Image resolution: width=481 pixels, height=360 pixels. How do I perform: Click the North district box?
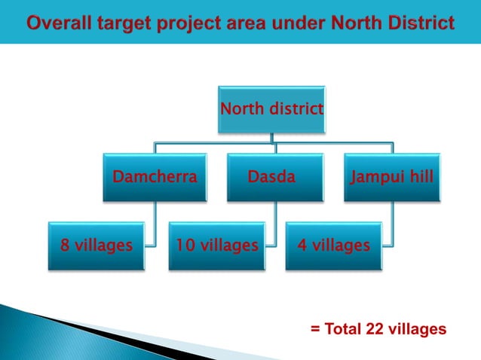click(x=271, y=110)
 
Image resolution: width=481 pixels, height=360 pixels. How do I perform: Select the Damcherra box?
click(x=155, y=178)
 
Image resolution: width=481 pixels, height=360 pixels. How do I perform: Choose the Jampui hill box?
click(x=391, y=178)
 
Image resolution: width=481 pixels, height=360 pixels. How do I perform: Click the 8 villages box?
click(x=96, y=246)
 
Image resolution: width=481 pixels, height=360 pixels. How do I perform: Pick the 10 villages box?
click(x=216, y=246)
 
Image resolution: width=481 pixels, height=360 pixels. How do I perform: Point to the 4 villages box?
click(x=333, y=246)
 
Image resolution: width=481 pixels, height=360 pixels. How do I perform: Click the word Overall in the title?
click(x=58, y=23)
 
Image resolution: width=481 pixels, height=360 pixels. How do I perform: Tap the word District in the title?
click(x=421, y=23)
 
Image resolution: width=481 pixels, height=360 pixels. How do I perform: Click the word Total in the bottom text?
click(x=342, y=329)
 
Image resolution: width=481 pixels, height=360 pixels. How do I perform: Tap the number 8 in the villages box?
click(x=65, y=246)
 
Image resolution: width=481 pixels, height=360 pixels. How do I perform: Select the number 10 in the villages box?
click(x=184, y=246)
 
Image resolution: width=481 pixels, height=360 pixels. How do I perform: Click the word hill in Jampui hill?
click(x=420, y=178)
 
